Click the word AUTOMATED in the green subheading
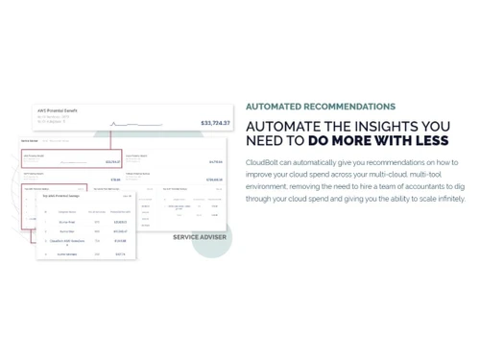point(273,107)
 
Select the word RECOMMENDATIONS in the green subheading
point(348,107)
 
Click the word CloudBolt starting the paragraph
point(262,163)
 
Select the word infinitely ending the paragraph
point(447,199)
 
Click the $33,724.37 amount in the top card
point(215,123)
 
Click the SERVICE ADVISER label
point(200,237)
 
